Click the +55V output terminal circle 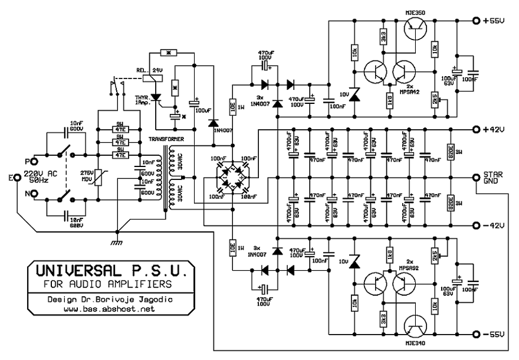tap(477, 21)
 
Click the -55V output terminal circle tap(477, 335)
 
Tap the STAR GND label tap(494, 178)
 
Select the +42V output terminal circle tap(477, 129)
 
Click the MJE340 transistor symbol tap(417, 328)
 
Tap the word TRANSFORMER tap(167, 139)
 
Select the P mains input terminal tap(35, 161)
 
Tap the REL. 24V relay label tap(150, 70)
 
